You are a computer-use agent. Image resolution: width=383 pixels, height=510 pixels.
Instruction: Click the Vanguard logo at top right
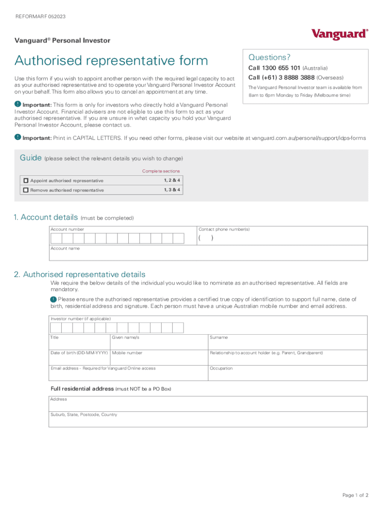pos(340,34)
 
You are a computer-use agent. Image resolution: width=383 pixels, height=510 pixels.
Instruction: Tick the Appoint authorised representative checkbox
pos(26,180)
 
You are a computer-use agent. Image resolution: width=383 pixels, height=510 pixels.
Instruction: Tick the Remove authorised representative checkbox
pos(26,190)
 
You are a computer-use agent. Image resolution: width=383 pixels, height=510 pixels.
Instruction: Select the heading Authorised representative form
pos(111,61)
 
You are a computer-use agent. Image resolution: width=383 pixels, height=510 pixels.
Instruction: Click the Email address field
pos(128,373)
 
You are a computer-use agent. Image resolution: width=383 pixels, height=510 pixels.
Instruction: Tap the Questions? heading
pos(269,57)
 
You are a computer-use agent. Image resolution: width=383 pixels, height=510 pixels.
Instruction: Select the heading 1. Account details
pos(46,218)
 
